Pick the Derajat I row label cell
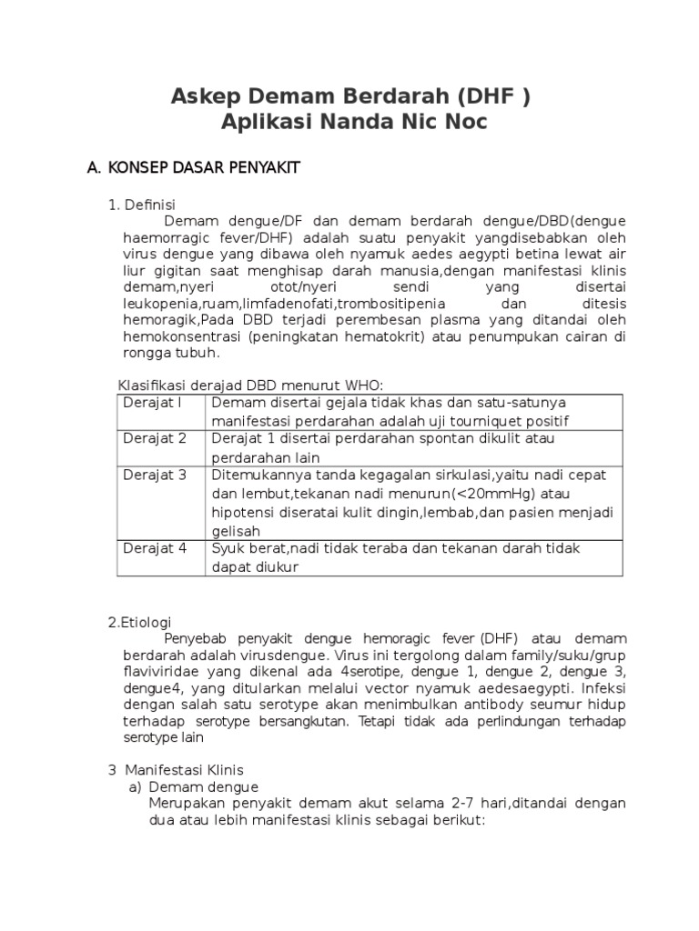click(153, 403)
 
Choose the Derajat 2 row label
click(155, 438)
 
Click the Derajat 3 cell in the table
click(155, 475)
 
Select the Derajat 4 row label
click(155, 548)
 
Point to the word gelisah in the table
click(236, 531)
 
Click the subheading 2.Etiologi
click(139, 622)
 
